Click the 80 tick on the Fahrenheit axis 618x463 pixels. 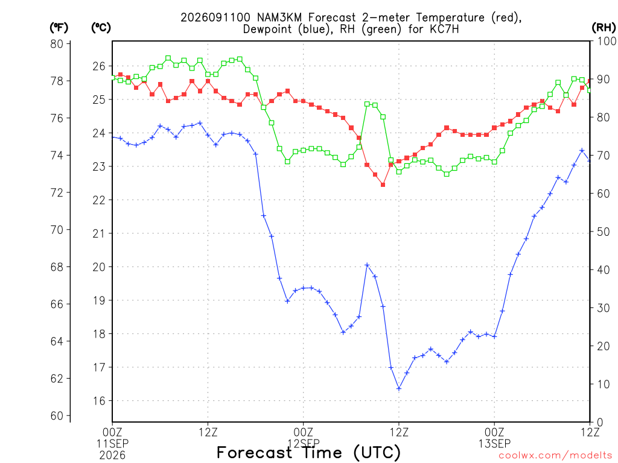click(x=57, y=43)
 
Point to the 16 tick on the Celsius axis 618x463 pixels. click(x=99, y=401)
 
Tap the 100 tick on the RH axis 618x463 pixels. click(x=606, y=41)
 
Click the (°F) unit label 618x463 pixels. click(x=59, y=28)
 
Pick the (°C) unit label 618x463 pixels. click(x=101, y=28)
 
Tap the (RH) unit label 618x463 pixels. click(x=604, y=28)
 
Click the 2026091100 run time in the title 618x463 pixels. click(x=215, y=17)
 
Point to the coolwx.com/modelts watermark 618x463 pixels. click(x=555, y=456)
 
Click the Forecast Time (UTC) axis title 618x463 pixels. click(x=308, y=452)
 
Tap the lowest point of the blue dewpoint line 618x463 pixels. click(x=399, y=389)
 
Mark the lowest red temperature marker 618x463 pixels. click(x=383, y=184)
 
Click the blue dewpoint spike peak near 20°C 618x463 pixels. click(x=368, y=265)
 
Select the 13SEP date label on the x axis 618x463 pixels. click(x=494, y=444)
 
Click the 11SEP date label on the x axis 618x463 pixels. click(x=112, y=444)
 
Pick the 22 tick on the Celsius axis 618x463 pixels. click(x=99, y=200)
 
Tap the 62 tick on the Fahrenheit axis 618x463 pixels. click(x=57, y=379)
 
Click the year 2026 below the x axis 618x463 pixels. click(x=112, y=456)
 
